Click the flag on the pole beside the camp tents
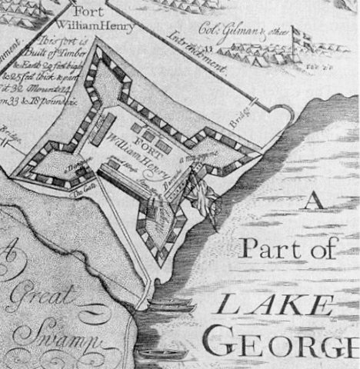click(x=302, y=39)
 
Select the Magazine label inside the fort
click(x=195, y=161)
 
